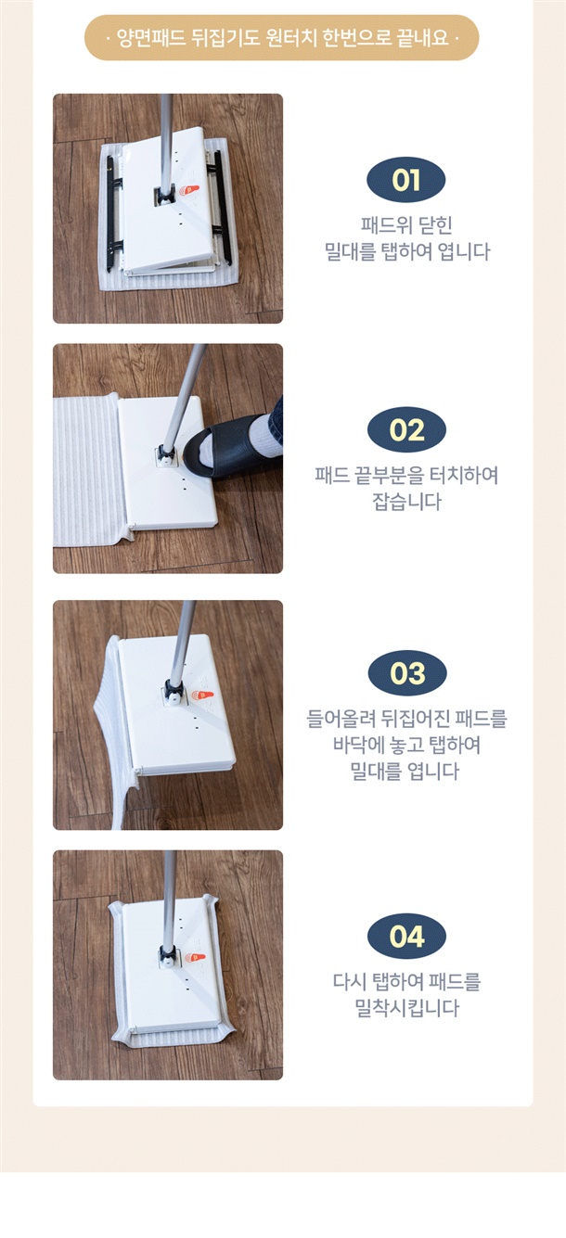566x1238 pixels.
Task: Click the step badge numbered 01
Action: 405,180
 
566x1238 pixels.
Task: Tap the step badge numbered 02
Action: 406,429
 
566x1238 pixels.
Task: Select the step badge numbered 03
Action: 407,672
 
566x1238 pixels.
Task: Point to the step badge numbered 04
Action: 406,936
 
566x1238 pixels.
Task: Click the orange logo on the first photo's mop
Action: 188,191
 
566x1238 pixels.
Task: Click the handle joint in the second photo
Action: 166,453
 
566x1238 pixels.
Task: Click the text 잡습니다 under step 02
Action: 406,502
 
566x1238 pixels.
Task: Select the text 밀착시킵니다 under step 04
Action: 406,1007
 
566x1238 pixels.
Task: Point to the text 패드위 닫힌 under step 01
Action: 406,225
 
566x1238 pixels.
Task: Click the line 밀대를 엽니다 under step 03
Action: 405,771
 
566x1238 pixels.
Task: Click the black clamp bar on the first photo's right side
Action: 220,209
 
